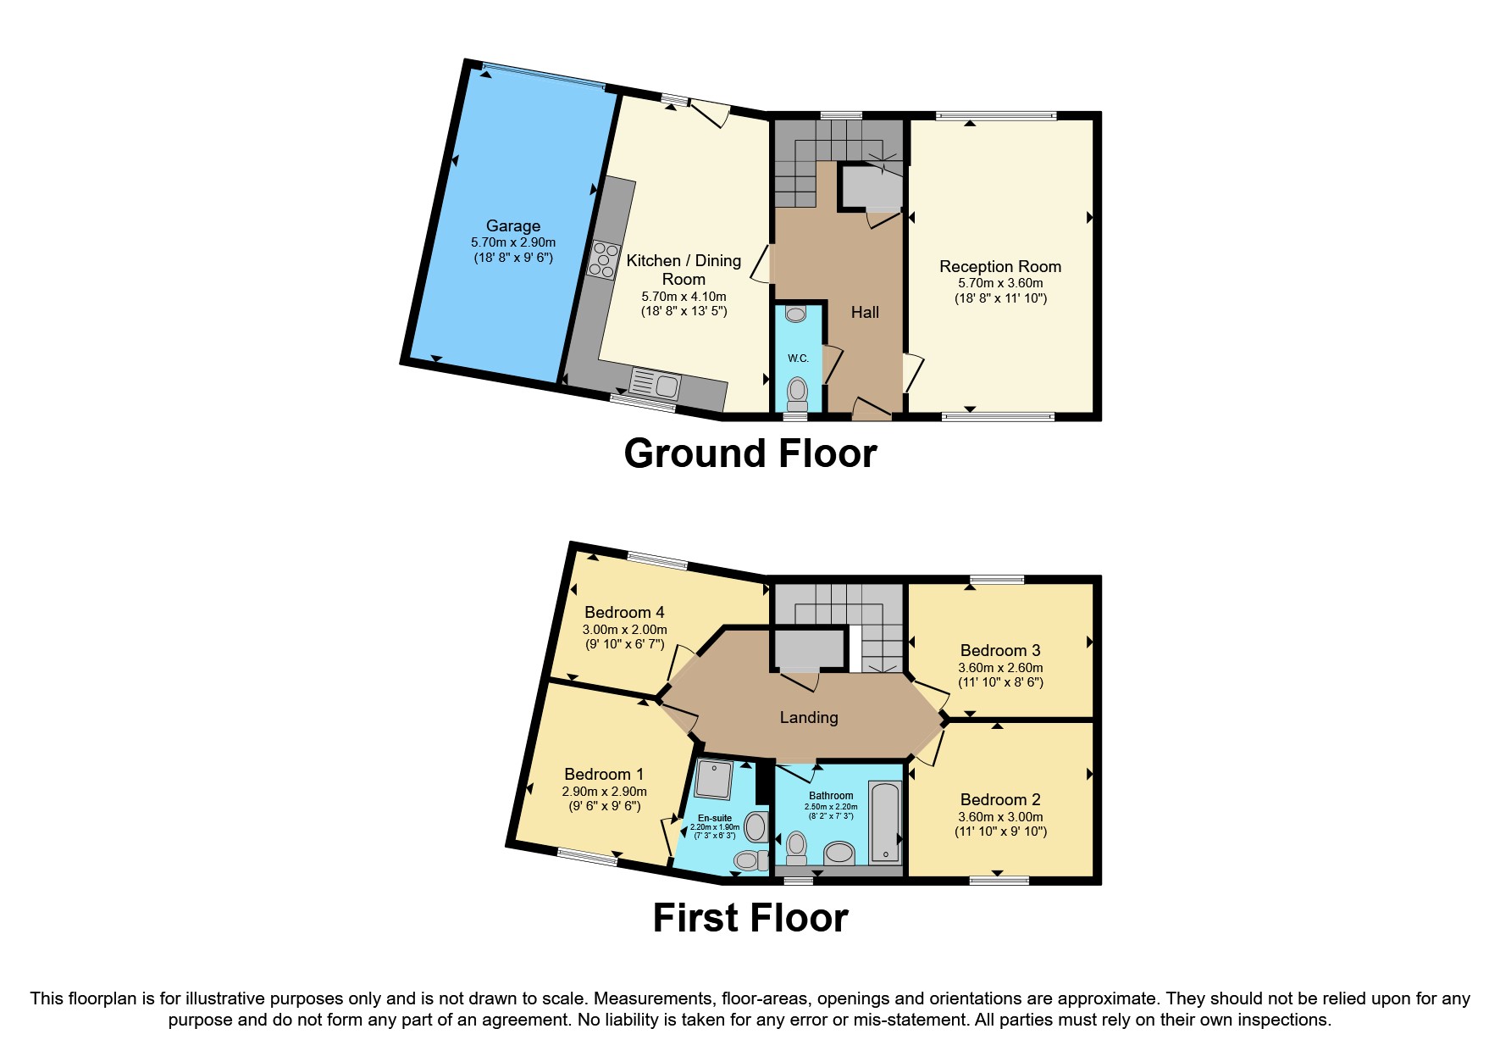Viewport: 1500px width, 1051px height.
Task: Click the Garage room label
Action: [513, 225]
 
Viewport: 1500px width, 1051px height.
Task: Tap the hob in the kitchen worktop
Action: [603, 259]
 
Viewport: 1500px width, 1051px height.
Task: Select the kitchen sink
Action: [656, 386]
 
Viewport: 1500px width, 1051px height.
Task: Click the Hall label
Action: [865, 312]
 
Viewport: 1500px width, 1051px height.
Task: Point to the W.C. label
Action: [798, 359]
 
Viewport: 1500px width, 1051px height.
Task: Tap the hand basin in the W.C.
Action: [796, 314]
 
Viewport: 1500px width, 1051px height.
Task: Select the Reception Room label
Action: [1000, 266]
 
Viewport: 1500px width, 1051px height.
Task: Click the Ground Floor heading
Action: [750, 453]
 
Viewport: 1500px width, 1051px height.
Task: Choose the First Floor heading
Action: [750, 918]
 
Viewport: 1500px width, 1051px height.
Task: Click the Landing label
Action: [809, 717]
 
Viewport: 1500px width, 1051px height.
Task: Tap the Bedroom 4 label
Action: [624, 612]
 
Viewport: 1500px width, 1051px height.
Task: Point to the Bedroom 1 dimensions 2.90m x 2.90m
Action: [604, 792]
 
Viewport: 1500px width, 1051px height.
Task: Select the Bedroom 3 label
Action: [1000, 650]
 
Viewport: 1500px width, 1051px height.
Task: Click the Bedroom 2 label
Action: [1000, 799]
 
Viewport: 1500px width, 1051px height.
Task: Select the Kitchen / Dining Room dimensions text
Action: [684, 303]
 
